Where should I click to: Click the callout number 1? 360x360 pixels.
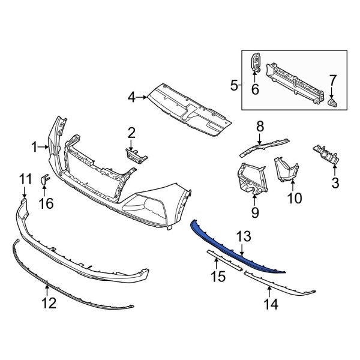point(35,146)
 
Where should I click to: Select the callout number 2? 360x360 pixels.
point(131,132)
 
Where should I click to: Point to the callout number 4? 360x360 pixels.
point(131,96)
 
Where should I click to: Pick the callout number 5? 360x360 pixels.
point(235,86)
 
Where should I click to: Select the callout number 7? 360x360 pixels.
point(333,79)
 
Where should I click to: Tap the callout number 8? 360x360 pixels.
point(260,126)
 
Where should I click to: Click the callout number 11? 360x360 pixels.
point(25,178)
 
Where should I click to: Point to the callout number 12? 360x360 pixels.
point(49,303)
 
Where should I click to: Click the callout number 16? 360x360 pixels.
point(46,203)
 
